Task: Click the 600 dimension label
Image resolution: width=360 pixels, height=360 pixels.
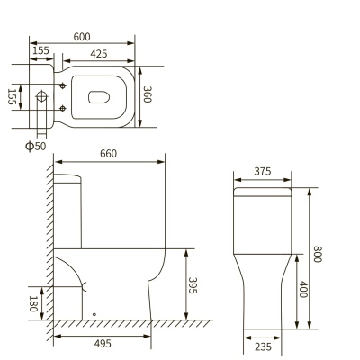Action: click(82, 37)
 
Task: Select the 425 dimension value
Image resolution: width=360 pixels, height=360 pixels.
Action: click(99, 54)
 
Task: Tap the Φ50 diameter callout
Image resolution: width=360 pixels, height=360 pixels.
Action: click(36, 147)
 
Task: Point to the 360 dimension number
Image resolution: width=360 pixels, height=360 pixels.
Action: click(148, 94)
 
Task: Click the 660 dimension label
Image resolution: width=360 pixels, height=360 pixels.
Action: click(108, 154)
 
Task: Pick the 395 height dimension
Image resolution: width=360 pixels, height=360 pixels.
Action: click(193, 285)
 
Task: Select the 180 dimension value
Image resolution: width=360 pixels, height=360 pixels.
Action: click(33, 303)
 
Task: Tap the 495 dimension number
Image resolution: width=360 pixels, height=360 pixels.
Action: click(103, 344)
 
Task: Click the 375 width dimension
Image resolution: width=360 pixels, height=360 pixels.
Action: click(263, 171)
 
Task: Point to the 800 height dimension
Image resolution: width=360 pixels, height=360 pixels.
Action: click(317, 254)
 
